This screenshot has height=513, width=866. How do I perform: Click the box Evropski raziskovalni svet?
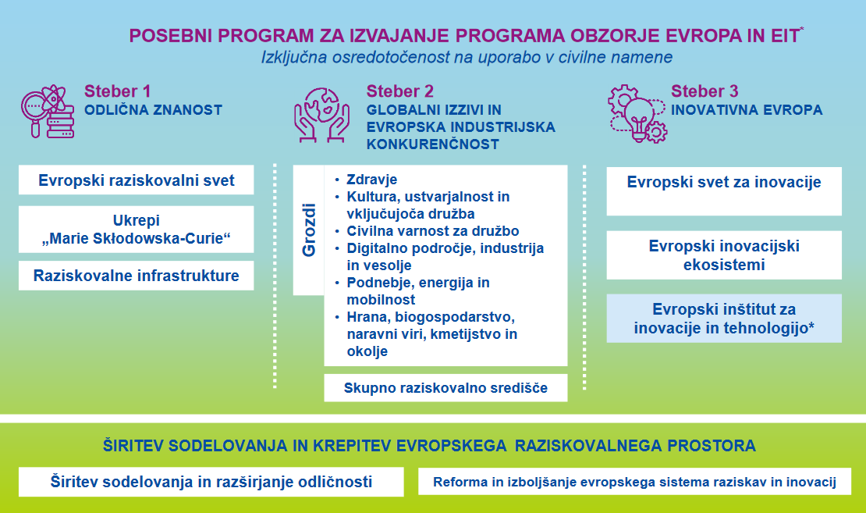coord(137,181)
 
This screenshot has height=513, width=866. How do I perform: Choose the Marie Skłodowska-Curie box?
coord(137,230)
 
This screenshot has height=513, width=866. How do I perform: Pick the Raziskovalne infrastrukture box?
coord(137,276)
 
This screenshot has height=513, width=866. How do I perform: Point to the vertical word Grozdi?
coord(308,230)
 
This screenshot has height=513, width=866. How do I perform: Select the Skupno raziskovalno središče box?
coord(445,387)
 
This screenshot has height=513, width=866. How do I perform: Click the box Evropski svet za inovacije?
coord(724,183)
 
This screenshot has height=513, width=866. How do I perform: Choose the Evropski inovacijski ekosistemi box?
coord(724,255)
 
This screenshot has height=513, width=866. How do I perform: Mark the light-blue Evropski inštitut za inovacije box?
coord(724,319)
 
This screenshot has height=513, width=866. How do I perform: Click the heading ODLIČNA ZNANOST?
coord(153,110)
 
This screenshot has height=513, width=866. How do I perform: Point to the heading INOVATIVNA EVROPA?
coord(747,110)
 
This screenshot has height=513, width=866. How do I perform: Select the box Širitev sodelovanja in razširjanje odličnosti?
coord(211,482)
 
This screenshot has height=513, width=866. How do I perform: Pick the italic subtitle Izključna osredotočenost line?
coord(467,58)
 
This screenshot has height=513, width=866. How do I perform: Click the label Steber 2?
coord(400,91)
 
